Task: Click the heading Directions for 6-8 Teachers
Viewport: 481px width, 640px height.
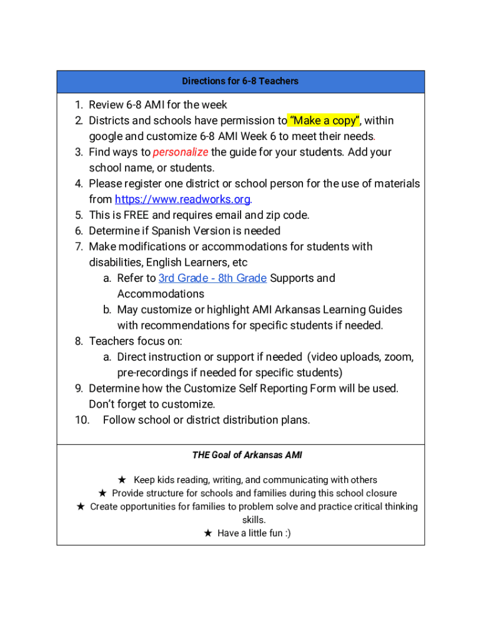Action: click(240, 81)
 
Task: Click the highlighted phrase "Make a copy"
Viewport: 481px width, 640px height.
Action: click(323, 121)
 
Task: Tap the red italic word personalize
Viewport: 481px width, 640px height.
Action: click(181, 152)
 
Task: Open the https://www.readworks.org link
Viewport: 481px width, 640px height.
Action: click(182, 199)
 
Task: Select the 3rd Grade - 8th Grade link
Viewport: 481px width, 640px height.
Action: click(212, 278)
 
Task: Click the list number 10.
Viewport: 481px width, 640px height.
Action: click(82, 420)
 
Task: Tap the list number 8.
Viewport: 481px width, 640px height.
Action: click(79, 341)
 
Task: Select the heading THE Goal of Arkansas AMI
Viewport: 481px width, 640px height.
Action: click(247, 455)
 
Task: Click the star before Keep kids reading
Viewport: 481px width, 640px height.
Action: click(122, 480)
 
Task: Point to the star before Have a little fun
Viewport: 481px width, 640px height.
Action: click(208, 533)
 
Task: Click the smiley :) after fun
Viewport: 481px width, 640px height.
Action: click(286, 533)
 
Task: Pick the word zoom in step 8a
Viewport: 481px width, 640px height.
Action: click(399, 357)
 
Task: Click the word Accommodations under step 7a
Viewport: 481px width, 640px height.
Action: click(161, 294)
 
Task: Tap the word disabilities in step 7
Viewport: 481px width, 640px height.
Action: click(116, 262)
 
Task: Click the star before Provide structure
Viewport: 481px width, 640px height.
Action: click(102, 493)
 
